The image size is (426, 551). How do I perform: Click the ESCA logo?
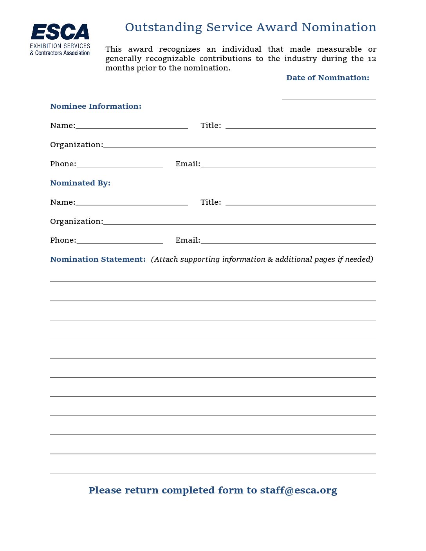[60, 39]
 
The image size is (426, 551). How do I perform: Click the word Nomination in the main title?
[339, 27]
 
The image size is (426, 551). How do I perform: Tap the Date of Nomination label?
[327, 78]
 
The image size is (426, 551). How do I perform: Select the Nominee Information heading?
[96, 106]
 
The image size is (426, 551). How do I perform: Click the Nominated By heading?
[80, 183]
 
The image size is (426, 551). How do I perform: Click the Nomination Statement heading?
[98, 259]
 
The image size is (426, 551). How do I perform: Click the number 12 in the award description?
[372, 59]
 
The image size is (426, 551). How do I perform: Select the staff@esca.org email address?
[298, 490]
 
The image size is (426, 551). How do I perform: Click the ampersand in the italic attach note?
[270, 259]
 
